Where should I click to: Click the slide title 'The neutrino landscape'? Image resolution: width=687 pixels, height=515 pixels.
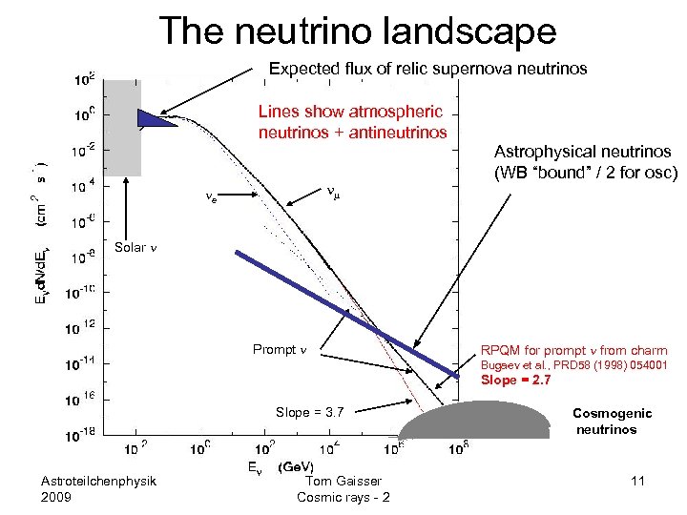pos(358,31)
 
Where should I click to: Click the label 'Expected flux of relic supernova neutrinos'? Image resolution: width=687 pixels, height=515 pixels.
pos(427,70)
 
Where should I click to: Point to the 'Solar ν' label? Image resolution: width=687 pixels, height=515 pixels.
pos(135,248)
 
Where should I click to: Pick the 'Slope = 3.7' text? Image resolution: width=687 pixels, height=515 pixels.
pos(309,412)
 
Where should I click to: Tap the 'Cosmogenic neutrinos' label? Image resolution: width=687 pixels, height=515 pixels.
pos(612,421)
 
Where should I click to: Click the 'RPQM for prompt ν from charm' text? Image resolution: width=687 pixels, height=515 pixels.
pos(573,351)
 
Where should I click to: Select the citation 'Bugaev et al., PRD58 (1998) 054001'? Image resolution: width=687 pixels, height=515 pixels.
pos(572,365)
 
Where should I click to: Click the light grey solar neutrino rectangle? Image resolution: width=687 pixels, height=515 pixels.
pos(122,129)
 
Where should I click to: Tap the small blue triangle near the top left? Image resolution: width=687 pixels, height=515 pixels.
pos(156,119)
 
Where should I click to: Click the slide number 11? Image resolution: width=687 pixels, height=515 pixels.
pos(637,481)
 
